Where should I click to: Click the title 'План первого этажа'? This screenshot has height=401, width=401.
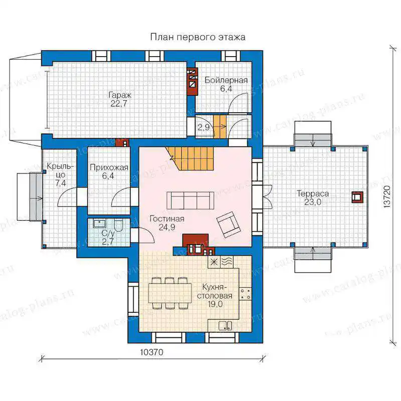point(197,37)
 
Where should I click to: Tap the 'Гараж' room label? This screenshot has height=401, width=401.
point(120,95)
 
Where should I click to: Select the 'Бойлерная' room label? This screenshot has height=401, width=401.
point(226,80)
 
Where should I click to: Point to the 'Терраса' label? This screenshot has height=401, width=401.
point(312,193)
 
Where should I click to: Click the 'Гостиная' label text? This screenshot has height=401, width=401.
point(167,219)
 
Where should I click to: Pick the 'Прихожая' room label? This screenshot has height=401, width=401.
point(109,167)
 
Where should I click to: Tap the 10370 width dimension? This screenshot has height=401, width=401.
point(151,352)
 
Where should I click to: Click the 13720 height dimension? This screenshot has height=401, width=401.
point(387,196)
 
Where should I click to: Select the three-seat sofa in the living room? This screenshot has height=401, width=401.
point(190,200)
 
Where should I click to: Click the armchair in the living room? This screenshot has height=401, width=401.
point(229,224)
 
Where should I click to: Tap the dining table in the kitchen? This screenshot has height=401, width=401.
point(169,293)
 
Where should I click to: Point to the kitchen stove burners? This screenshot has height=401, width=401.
point(245,294)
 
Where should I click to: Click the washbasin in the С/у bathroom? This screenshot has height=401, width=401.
point(99,223)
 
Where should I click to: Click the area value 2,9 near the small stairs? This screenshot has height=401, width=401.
point(204,127)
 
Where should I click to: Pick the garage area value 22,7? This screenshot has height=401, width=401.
point(119,104)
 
